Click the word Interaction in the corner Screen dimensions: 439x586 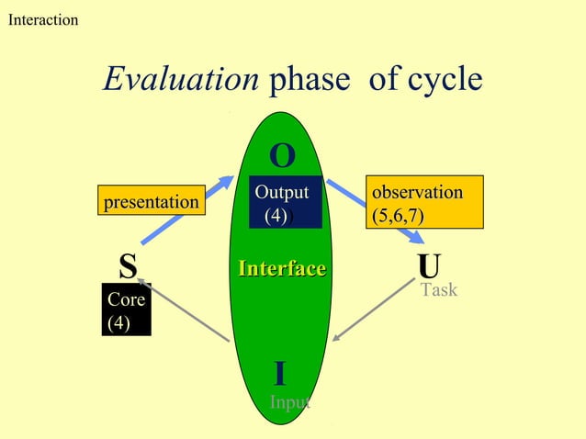(x=42, y=19)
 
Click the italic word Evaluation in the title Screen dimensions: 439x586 (x=181, y=80)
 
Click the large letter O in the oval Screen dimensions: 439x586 (x=282, y=156)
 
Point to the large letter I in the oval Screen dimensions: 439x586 (x=280, y=374)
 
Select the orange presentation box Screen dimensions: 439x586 (x=152, y=201)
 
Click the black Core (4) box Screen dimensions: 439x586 (x=126, y=311)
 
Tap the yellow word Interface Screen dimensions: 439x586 (x=282, y=268)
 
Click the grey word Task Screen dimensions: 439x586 (x=438, y=290)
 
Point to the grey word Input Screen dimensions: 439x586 (x=289, y=402)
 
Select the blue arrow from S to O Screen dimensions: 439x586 (x=219, y=192)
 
